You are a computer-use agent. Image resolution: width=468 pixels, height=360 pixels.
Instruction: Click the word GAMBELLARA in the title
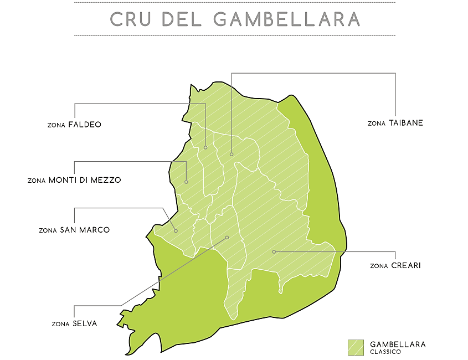(286, 19)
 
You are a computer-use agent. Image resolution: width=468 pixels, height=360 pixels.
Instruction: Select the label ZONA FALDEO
(74, 125)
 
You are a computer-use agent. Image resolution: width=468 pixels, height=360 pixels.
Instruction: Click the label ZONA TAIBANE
(395, 123)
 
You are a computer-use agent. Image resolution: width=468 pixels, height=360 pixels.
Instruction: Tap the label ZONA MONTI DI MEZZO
(74, 180)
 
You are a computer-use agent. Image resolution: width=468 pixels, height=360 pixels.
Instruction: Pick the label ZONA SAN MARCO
(74, 230)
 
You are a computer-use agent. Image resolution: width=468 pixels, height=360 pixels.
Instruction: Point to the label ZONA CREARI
(395, 266)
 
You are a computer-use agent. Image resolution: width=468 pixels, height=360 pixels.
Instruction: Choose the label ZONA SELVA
(74, 323)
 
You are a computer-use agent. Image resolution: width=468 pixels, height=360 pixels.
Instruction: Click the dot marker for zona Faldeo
(205, 147)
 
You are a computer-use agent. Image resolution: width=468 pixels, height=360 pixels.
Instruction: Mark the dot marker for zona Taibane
(232, 154)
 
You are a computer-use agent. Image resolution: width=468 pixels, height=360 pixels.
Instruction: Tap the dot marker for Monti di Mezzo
(187, 182)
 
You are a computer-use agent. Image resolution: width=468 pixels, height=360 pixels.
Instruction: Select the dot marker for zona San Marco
(176, 230)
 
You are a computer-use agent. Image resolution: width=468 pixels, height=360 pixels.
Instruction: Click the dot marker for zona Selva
(227, 238)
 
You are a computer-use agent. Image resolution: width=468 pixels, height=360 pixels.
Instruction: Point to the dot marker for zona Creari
(274, 251)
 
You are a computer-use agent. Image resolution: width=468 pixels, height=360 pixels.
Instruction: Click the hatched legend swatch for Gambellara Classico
(355, 347)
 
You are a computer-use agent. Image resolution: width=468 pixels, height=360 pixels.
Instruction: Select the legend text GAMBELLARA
(398, 344)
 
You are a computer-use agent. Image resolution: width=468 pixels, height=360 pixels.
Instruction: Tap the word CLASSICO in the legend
(385, 352)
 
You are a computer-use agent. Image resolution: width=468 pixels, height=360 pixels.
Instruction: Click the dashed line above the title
(234, 2)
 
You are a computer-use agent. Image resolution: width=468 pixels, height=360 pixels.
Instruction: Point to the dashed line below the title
(234, 35)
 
